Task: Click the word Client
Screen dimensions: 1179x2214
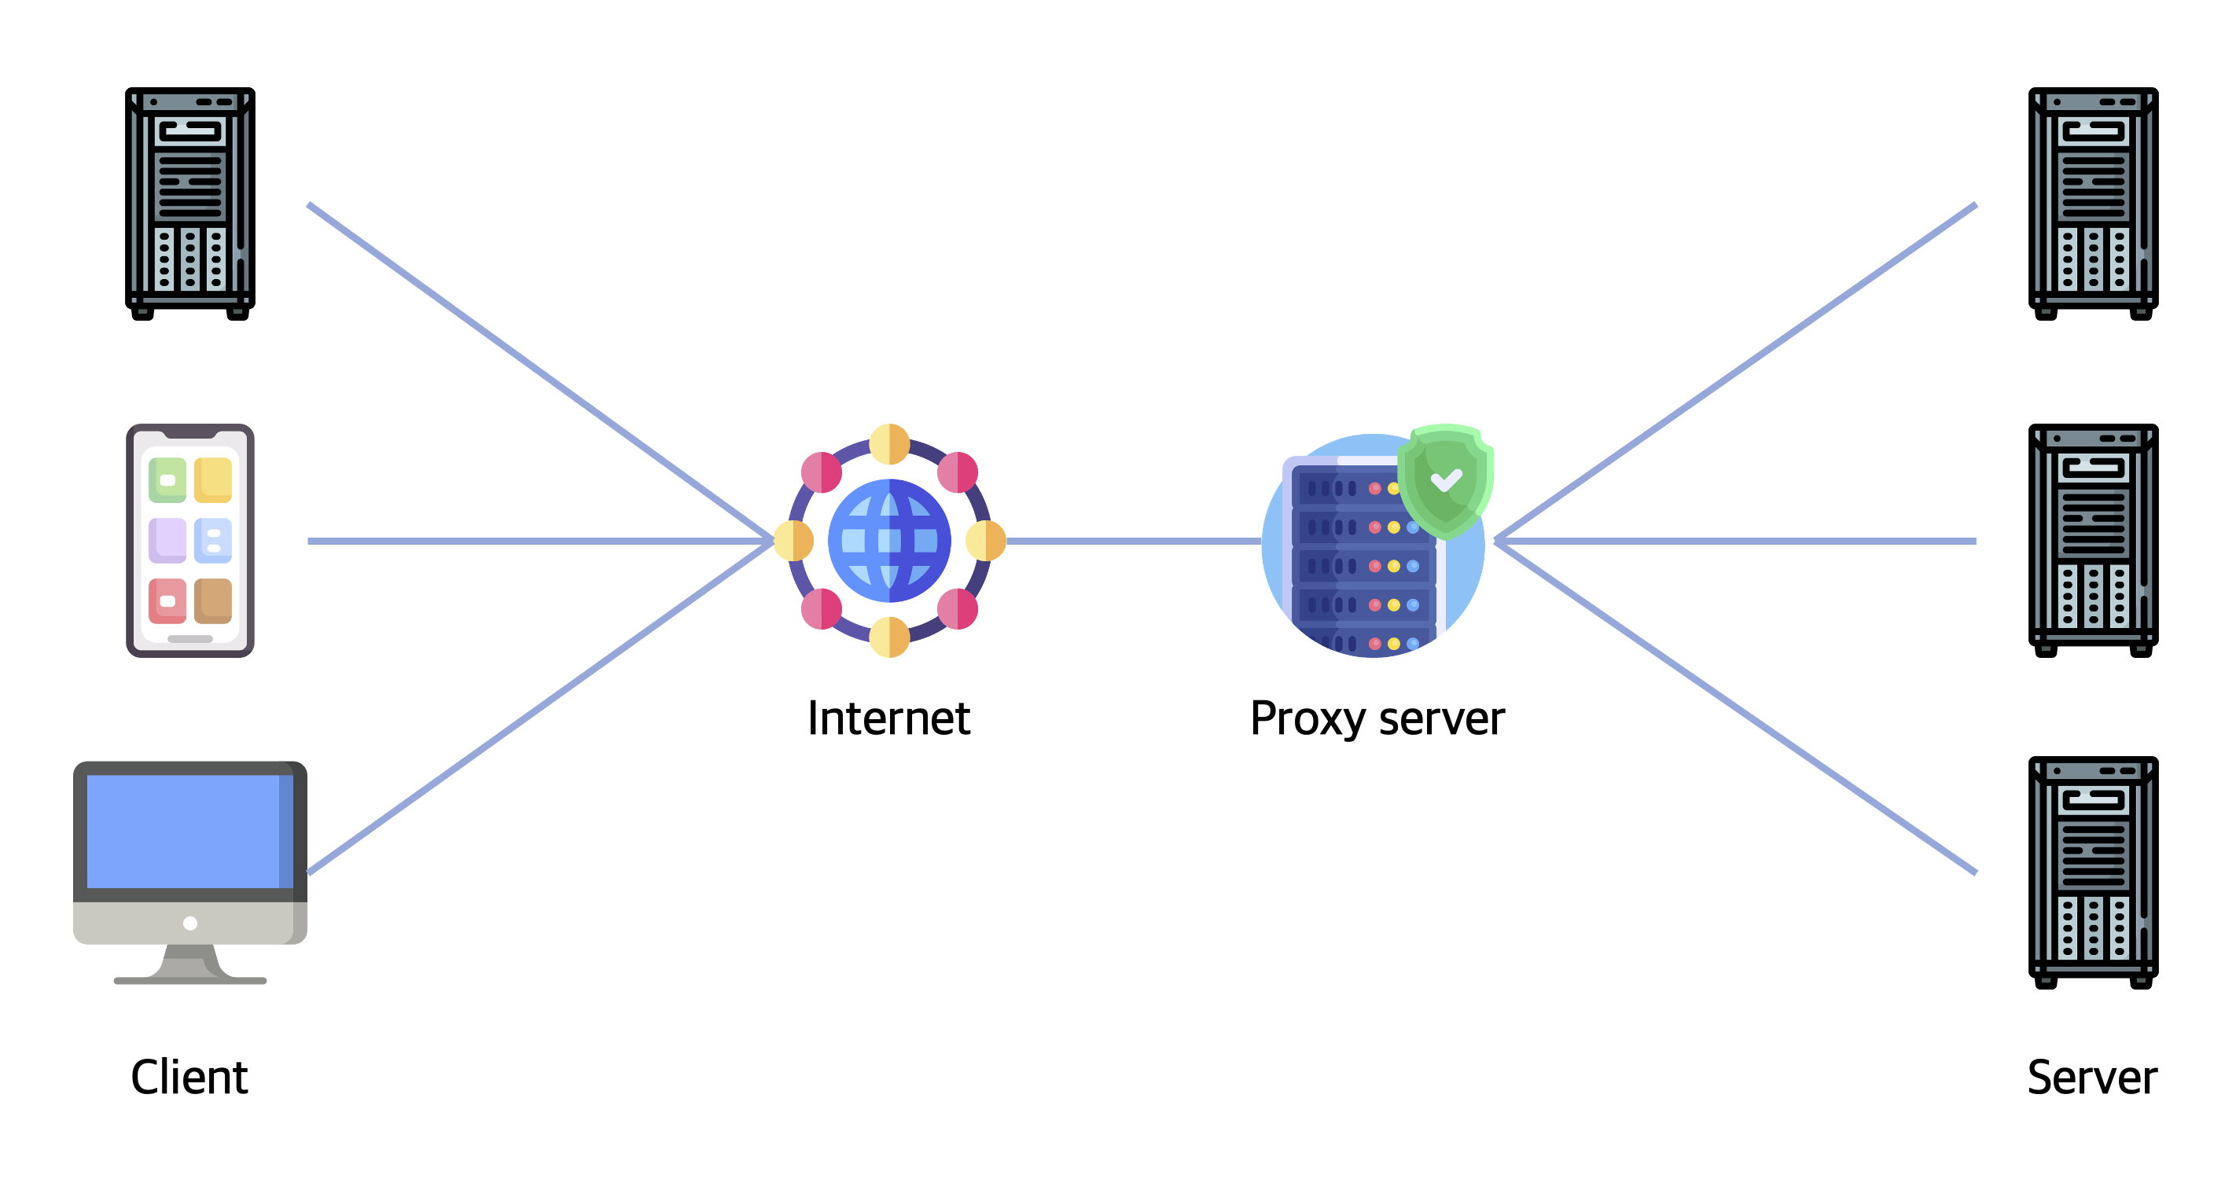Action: pos(189,1078)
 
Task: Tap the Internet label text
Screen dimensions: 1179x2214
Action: pos(888,718)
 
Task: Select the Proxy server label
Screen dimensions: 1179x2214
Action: pos(1377,718)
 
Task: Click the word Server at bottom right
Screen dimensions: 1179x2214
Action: pos(2092,1078)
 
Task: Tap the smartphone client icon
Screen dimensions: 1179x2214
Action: pos(190,541)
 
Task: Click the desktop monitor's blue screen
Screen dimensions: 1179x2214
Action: pos(185,831)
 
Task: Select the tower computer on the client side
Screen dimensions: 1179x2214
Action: pos(190,203)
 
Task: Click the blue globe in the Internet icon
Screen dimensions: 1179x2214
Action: pos(888,541)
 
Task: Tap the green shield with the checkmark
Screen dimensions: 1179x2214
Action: pos(1446,479)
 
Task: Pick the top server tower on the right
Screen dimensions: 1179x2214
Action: pos(2093,203)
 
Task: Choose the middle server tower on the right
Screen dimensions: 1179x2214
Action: pos(2093,541)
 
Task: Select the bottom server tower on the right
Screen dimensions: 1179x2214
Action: pos(2093,872)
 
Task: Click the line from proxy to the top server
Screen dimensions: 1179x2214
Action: pos(1736,373)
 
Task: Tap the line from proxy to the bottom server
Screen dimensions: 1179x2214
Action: pos(1736,707)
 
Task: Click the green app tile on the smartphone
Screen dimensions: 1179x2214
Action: pos(167,479)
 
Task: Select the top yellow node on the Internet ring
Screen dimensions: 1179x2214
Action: pos(888,444)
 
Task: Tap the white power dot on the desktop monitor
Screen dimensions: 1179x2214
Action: pos(190,923)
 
